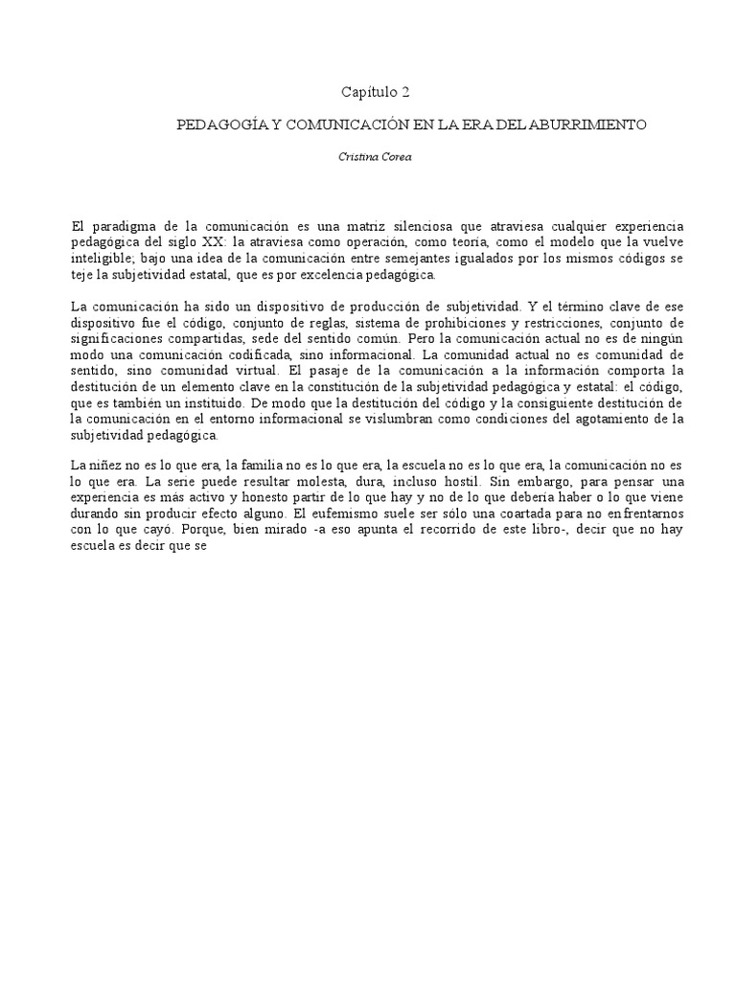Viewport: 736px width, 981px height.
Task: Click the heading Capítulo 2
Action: coord(376,92)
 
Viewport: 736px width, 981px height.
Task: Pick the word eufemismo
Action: coord(360,513)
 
